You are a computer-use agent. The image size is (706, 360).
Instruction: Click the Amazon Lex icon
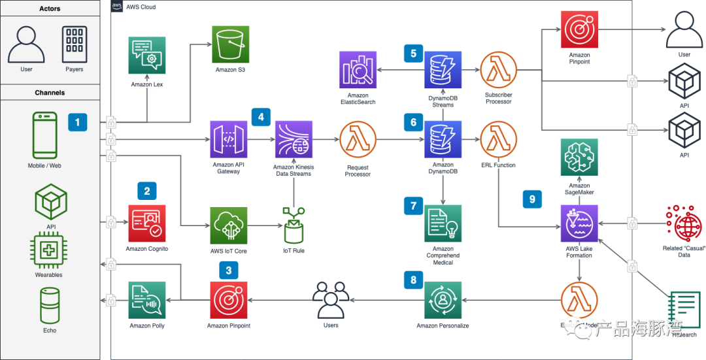tap(147, 55)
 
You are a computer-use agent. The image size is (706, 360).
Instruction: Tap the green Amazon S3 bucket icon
tap(231, 44)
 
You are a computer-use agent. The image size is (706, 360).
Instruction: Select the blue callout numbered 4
tap(261, 117)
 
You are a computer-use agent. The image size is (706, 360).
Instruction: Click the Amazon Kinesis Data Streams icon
tap(294, 140)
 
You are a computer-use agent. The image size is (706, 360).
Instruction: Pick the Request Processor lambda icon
tap(358, 140)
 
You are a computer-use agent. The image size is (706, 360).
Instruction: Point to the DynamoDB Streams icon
tap(443, 70)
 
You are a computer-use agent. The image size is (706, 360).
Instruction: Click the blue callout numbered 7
tap(413, 205)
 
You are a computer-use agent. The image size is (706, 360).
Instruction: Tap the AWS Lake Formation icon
tap(579, 223)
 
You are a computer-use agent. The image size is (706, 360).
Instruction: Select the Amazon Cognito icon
tap(147, 223)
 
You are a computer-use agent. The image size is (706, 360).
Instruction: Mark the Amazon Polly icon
tap(147, 301)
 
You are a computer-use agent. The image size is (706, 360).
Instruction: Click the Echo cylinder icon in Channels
tap(50, 305)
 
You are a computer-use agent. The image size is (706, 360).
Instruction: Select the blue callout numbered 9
tap(531, 199)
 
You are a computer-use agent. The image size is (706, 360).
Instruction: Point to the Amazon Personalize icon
tap(443, 301)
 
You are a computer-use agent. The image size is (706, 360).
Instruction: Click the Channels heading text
tap(50, 93)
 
